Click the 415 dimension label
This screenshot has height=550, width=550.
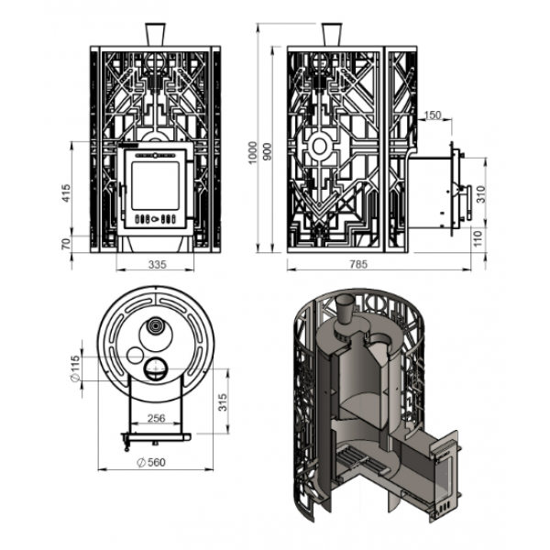(x=66, y=192)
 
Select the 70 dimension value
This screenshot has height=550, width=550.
(x=66, y=244)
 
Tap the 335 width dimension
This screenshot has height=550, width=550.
(x=157, y=265)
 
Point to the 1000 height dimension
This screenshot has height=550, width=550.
(x=252, y=153)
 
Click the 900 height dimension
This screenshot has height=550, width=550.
(x=268, y=151)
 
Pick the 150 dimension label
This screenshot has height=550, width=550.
(x=433, y=115)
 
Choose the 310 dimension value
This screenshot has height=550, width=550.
(x=481, y=194)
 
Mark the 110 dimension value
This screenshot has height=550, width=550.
(x=478, y=237)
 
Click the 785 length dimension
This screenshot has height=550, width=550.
(x=358, y=264)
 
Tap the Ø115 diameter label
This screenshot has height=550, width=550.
(x=75, y=368)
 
